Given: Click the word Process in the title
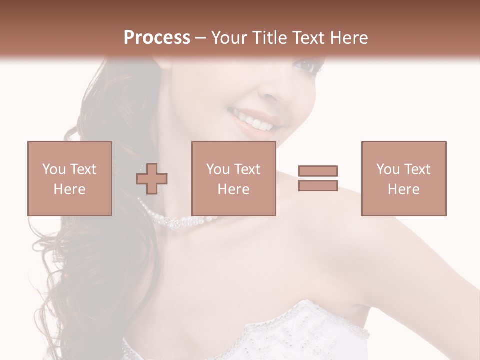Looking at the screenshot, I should click(x=157, y=37).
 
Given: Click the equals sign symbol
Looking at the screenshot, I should click(x=318, y=178).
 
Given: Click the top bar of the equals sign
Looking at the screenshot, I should click(x=318, y=171).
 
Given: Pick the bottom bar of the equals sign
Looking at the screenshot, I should click(x=318, y=185).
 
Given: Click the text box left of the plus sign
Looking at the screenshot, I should click(x=69, y=178).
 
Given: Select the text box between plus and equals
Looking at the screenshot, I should click(x=233, y=178).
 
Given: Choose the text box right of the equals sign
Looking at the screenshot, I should click(x=403, y=178).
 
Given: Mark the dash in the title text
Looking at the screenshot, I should click(x=200, y=38).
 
